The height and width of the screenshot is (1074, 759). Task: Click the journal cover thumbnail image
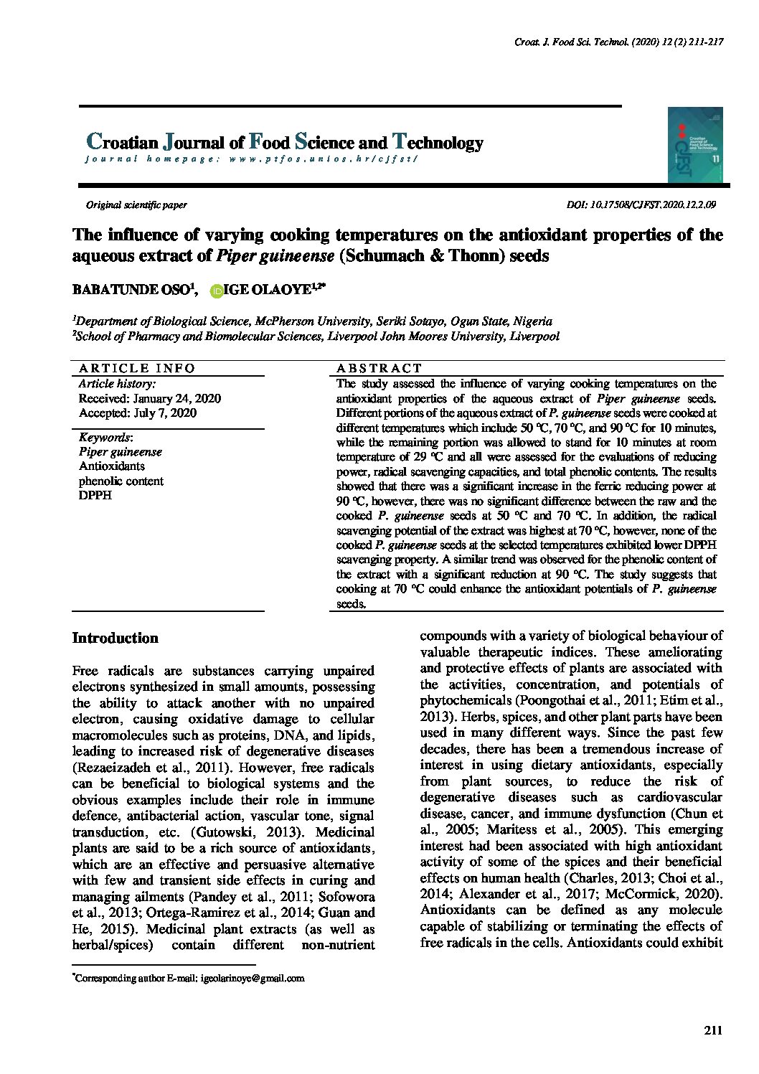pos(694,145)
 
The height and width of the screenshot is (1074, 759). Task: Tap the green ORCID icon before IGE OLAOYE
pos(215,290)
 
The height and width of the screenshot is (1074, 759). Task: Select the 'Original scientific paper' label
pos(136,205)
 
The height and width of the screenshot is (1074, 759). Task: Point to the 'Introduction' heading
pos(115,639)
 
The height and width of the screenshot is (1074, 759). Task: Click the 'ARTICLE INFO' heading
pos(136,368)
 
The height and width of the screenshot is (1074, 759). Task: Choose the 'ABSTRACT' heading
pos(379,368)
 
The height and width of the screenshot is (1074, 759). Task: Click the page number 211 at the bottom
pos(712,1031)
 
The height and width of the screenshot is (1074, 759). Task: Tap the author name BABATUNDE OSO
pos(133,290)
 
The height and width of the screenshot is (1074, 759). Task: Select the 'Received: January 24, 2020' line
pos(149,398)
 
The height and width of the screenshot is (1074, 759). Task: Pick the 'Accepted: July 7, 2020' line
pos(137,413)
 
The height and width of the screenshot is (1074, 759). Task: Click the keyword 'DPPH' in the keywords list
pos(95,496)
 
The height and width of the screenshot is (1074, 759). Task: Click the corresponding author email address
pos(253,978)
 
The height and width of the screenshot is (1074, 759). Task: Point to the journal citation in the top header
pos(618,42)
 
